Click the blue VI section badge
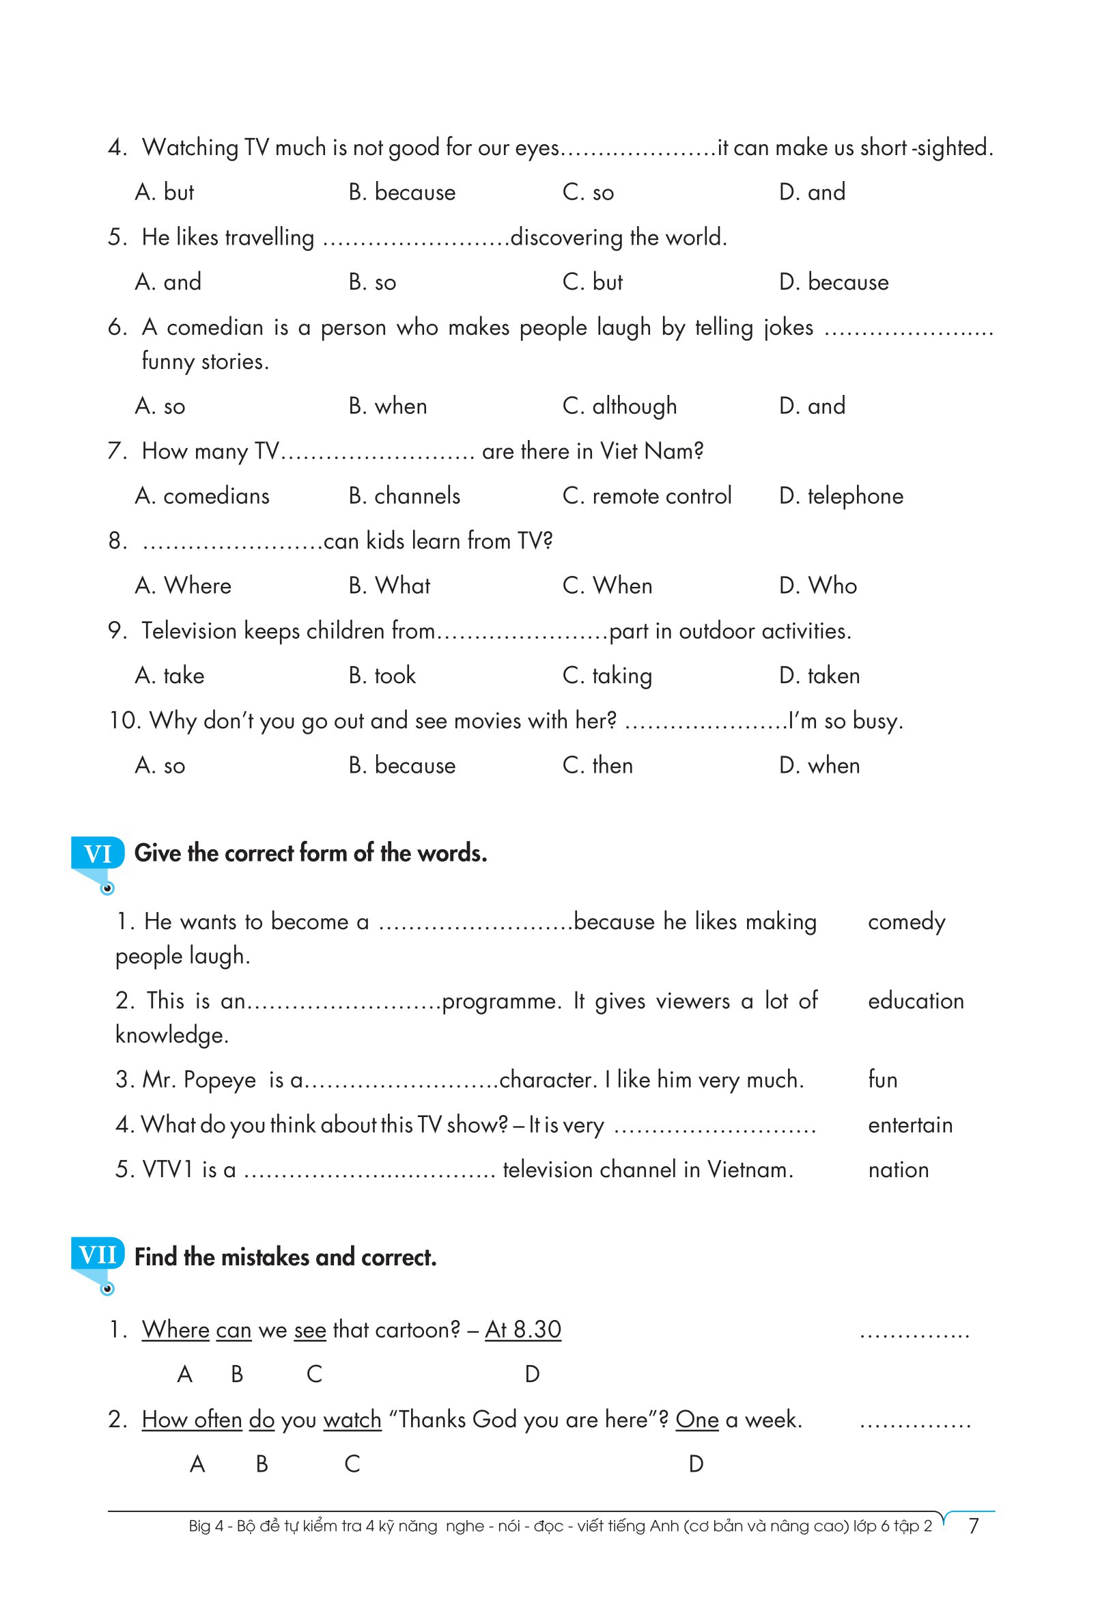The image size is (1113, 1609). (98, 853)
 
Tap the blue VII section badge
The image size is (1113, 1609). (98, 1255)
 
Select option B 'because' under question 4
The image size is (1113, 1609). (401, 192)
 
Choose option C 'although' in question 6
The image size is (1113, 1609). (619, 406)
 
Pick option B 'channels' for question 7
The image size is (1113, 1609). (404, 496)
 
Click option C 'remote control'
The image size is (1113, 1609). (647, 496)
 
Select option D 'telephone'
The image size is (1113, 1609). (841, 496)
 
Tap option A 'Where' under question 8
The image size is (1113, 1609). (183, 586)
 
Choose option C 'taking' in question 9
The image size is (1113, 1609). (607, 676)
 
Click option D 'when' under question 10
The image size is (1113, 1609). (819, 765)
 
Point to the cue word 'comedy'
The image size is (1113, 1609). (906, 922)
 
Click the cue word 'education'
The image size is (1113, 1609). (916, 1001)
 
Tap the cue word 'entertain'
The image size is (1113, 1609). (910, 1125)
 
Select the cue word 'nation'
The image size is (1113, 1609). (898, 1170)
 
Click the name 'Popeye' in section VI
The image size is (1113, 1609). (220, 1080)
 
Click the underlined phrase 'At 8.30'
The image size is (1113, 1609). (523, 1329)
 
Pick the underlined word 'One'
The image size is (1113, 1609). (696, 1419)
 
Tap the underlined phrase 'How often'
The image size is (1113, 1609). (192, 1419)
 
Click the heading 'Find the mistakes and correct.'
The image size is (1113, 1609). (285, 1257)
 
